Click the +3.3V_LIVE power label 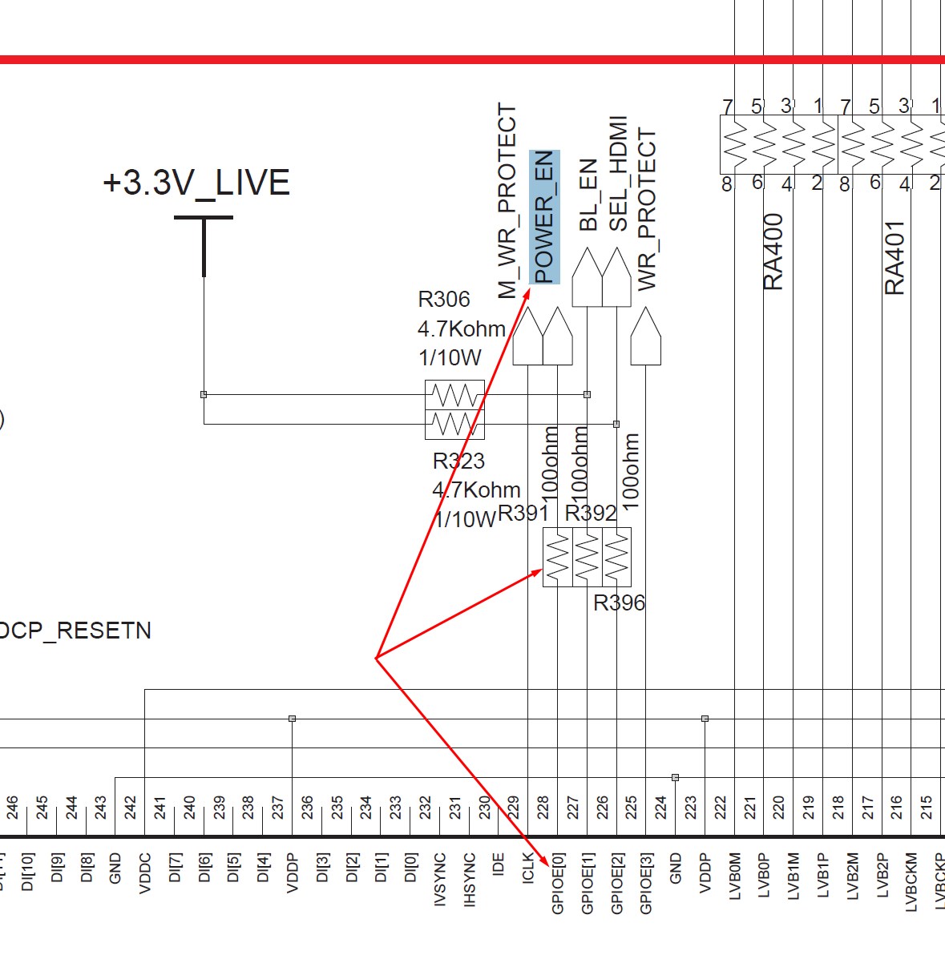click(x=196, y=183)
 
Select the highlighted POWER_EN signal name click(x=544, y=216)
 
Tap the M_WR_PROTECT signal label click(x=507, y=201)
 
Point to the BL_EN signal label click(x=588, y=195)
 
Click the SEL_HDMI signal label click(x=618, y=174)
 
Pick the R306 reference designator click(x=444, y=300)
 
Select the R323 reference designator click(x=458, y=461)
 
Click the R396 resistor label click(x=619, y=602)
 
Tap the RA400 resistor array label click(x=773, y=252)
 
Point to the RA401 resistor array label click(x=895, y=258)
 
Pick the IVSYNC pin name click(x=440, y=880)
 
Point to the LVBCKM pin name click(x=911, y=882)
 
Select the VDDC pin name click(x=145, y=872)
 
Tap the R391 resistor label click(x=523, y=514)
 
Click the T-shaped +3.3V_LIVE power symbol click(x=204, y=240)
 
